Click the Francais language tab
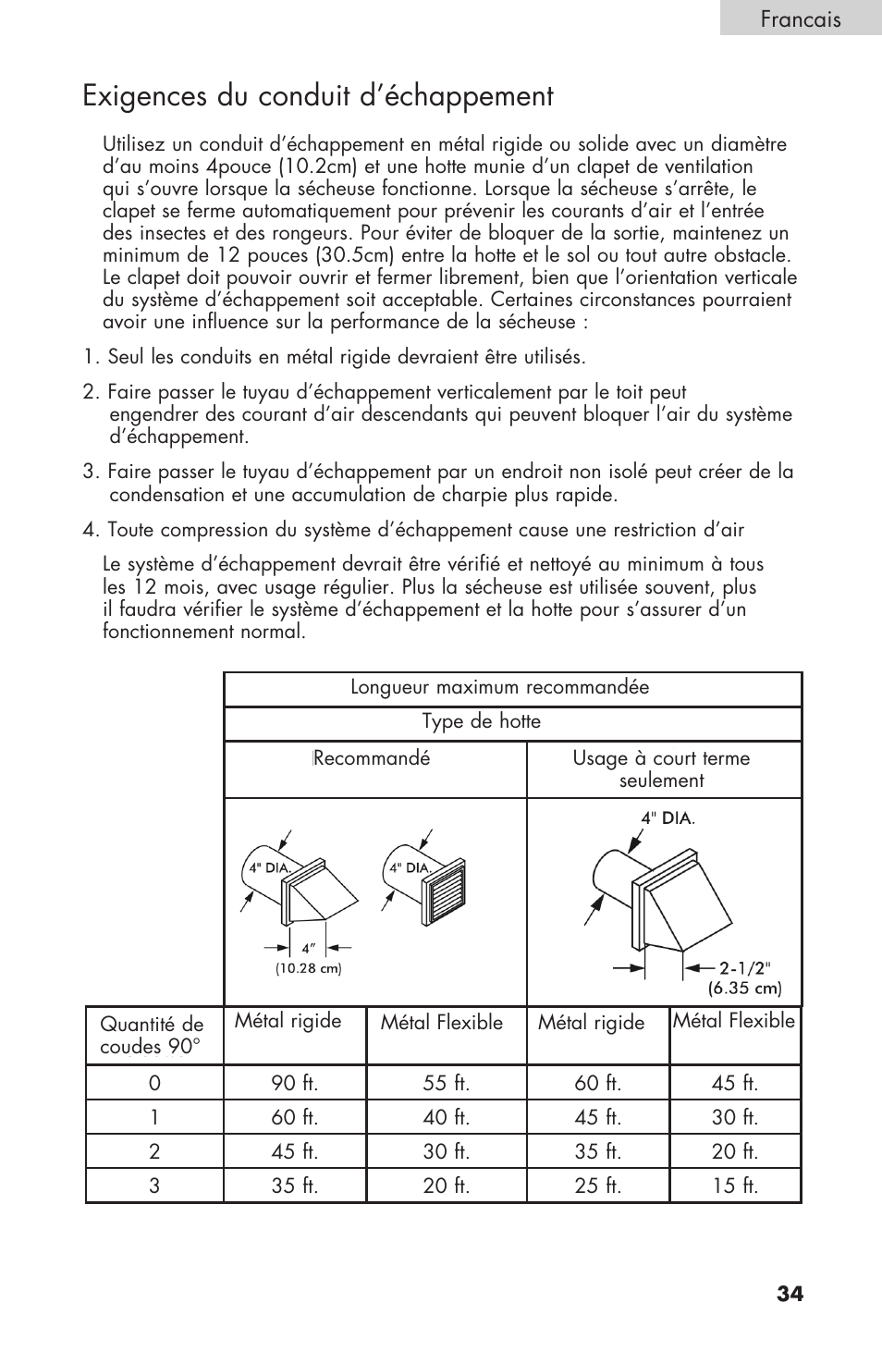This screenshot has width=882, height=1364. [x=801, y=19]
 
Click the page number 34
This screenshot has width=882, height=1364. [x=790, y=1295]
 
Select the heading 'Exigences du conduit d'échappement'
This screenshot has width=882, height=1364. [x=317, y=96]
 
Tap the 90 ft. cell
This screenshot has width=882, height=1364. [x=295, y=1083]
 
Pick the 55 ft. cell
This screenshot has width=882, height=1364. [x=446, y=1083]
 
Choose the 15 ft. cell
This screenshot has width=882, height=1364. [x=735, y=1186]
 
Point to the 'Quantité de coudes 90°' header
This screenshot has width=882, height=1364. [x=152, y=1036]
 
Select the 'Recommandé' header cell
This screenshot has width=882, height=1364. [x=372, y=758]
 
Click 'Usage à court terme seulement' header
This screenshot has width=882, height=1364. [x=661, y=768]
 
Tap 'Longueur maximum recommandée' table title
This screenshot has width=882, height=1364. [x=499, y=687]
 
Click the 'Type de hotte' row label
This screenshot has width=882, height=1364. [x=482, y=721]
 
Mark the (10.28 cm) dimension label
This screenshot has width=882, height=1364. [x=308, y=968]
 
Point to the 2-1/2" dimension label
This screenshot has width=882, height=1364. [x=745, y=967]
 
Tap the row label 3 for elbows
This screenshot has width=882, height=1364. [x=154, y=1186]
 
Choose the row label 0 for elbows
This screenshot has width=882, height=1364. [x=154, y=1083]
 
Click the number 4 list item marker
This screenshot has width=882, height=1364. [x=90, y=530]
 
